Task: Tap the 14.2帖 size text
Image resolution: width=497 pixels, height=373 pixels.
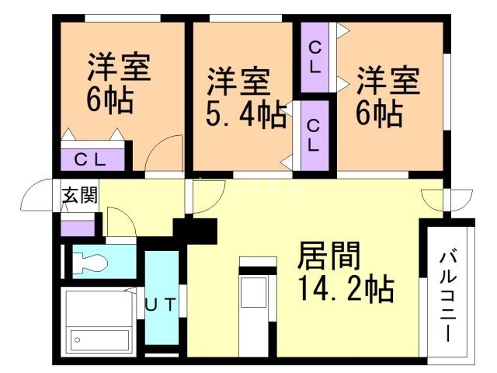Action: click(345, 290)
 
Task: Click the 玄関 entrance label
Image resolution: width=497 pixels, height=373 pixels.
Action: click(80, 195)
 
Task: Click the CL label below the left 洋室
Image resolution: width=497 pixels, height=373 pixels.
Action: click(92, 160)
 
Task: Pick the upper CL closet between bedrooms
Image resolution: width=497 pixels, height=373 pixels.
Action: click(315, 57)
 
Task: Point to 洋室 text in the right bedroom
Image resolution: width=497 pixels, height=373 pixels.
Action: click(388, 81)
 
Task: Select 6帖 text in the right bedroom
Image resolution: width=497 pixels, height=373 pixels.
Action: click(379, 114)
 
